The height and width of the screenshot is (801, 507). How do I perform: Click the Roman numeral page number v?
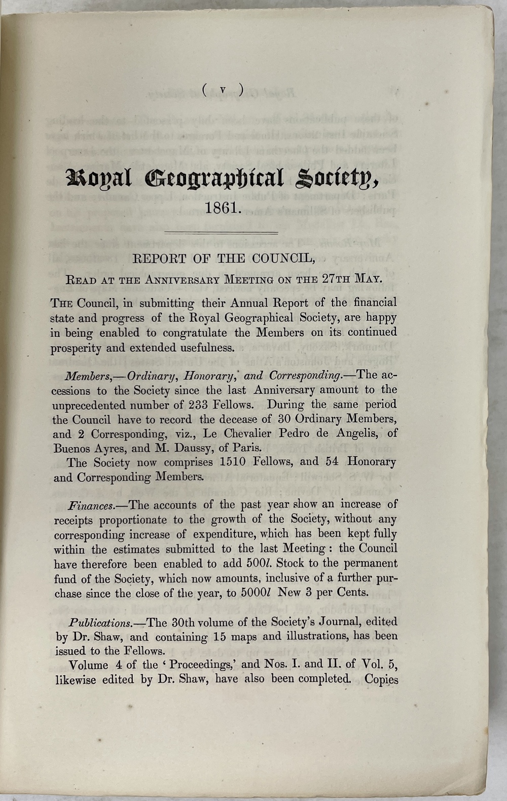[223, 90]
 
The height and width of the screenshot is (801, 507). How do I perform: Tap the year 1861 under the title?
[222, 208]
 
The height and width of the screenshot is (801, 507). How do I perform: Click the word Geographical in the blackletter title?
[214, 178]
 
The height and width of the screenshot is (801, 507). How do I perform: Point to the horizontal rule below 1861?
[222, 233]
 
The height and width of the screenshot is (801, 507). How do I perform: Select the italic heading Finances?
[91, 505]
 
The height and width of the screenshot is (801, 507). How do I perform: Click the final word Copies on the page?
[381, 679]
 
